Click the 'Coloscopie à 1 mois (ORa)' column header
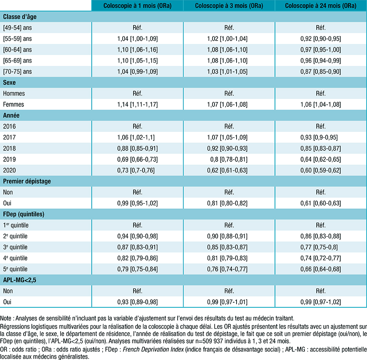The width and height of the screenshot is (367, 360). pos(137,6)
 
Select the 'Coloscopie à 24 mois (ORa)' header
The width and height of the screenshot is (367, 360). pos(321,6)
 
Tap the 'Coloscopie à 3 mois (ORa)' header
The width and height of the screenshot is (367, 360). pos(229,6)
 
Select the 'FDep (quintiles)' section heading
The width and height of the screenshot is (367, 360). pos(23,214)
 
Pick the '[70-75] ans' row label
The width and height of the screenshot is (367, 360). pos(17,71)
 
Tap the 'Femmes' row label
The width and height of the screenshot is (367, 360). pos(13,104)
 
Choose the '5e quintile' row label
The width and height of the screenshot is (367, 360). pos(18,269)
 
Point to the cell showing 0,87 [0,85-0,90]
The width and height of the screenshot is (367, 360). pos(321,71)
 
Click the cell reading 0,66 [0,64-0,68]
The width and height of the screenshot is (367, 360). pos(321,269)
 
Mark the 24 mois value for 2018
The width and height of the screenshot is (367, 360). pos(321,148)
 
